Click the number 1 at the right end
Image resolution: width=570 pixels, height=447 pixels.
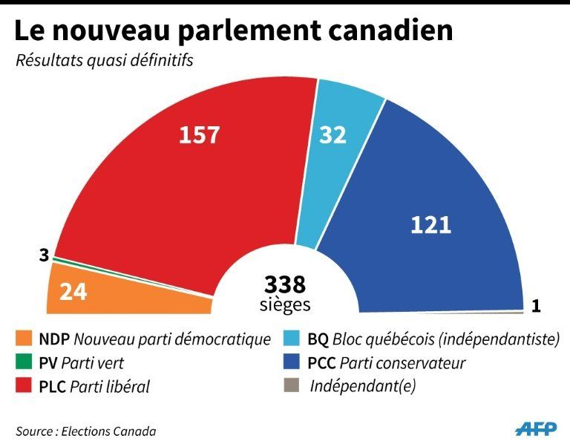(536, 305)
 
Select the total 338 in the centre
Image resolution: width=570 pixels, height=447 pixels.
(285, 284)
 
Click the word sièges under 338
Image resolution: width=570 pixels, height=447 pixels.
(285, 304)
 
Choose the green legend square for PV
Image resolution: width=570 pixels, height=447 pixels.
(24, 363)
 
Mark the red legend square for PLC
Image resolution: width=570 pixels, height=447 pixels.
(24, 387)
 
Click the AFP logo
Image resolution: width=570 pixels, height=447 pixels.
(534, 429)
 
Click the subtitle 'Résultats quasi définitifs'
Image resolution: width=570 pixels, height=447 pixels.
(105, 60)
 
